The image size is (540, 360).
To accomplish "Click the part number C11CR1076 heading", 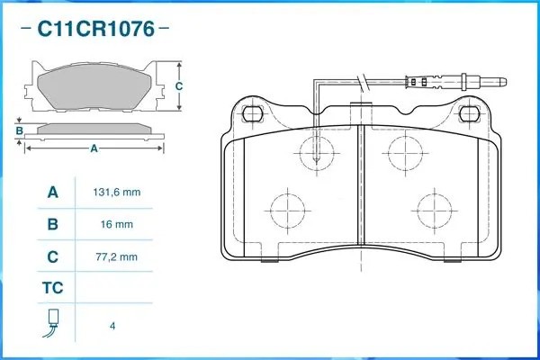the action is click(95, 29).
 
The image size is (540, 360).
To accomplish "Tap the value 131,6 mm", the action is click(117, 193).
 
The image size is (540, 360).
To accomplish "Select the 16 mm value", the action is click(117, 225).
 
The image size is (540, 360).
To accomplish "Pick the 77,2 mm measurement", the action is click(116, 257).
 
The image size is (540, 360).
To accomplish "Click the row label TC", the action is click(53, 288).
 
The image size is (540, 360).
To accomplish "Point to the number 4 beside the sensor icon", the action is click(112, 326).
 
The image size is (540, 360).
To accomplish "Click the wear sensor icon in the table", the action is click(52, 323).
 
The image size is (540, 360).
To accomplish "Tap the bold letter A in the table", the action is click(53, 193).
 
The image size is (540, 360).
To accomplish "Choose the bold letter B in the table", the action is click(53, 225).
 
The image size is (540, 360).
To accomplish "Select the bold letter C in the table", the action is click(53, 257).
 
